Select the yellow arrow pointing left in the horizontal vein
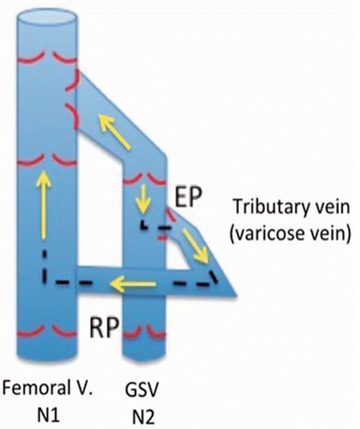(x=134, y=286)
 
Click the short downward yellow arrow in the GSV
(x=141, y=199)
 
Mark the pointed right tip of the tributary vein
(x=235, y=293)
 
